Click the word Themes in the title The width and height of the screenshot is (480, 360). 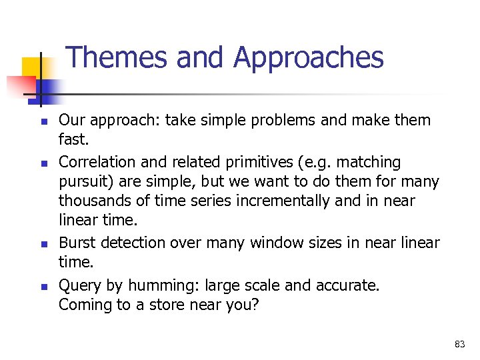pyautogui.click(x=117, y=57)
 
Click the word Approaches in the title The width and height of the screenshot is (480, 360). pyautogui.click(x=308, y=59)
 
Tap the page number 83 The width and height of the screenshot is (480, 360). pyautogui.click(x=459, y=344)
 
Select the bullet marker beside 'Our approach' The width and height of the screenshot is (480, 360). pyautogui.click(x=41, y=122)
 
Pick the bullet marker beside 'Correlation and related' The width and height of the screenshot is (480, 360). pyautogui.click(x=41, y=163)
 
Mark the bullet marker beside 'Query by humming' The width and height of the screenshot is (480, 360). pyautogui.click(x=41, y=287)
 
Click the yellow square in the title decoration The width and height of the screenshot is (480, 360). pyautogui.click(x=32, y=68)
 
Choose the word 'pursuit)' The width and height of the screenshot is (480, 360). pyautogui.click(x=84, y=182)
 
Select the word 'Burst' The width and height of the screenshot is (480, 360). pyautogui.click(x=76, y=243)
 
